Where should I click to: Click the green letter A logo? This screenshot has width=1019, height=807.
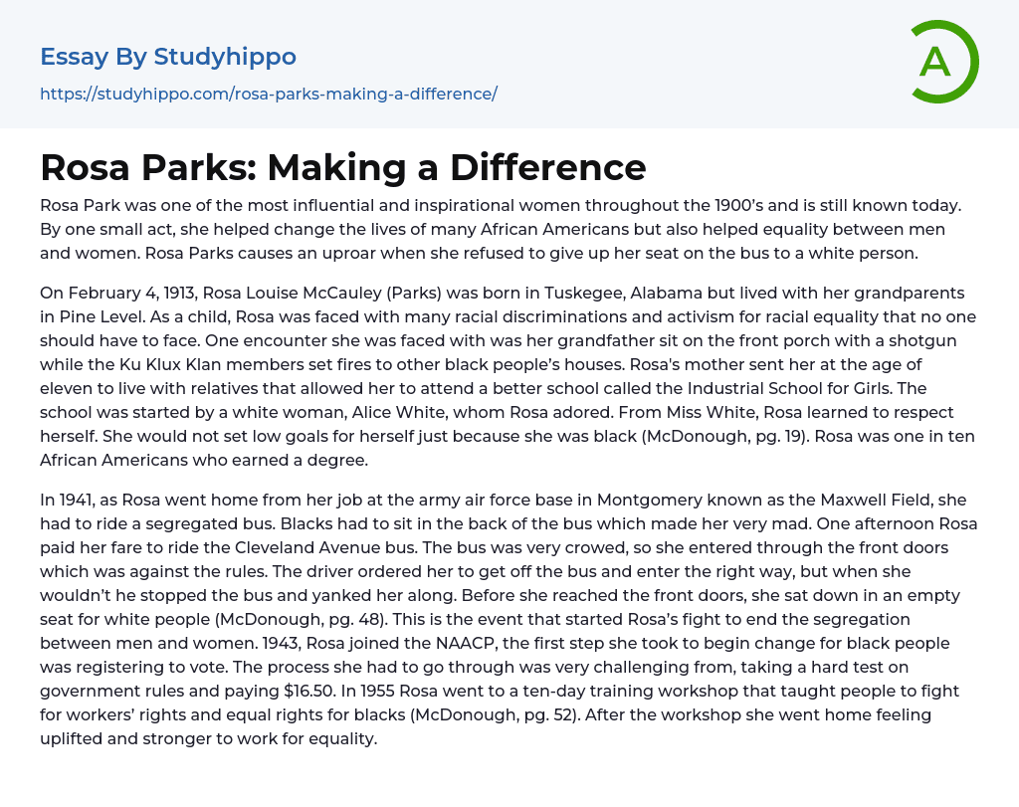coord(943,62)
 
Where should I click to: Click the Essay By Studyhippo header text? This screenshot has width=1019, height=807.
coord(168,57)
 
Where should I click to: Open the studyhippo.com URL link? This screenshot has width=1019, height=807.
coord(269,95)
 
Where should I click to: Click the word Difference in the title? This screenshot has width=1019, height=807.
coord(547,166)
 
